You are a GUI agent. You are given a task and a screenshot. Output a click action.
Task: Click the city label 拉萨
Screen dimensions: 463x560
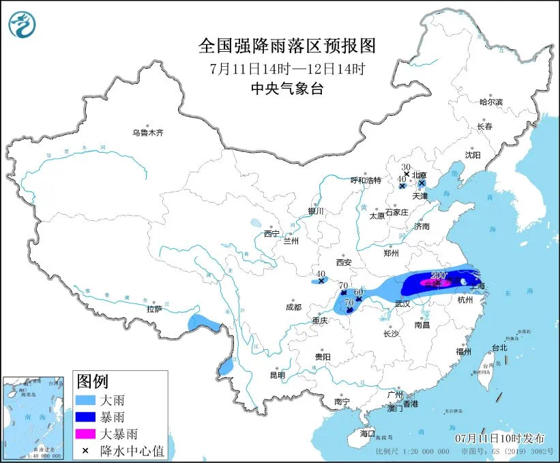click(x=154, y=309)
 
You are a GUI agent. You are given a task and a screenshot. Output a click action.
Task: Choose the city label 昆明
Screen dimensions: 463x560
click(x=277, y=374)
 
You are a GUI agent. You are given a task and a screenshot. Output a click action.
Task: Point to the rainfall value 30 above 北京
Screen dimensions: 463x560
click(x=405, y=167)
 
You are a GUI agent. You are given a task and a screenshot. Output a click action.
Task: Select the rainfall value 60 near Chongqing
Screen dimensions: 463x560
click(x=359, y=292)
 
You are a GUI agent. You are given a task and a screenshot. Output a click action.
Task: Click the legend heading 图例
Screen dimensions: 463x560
click(x=92, y=381)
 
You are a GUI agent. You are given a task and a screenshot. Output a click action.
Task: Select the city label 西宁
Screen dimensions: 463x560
click(x=271, y=234)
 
